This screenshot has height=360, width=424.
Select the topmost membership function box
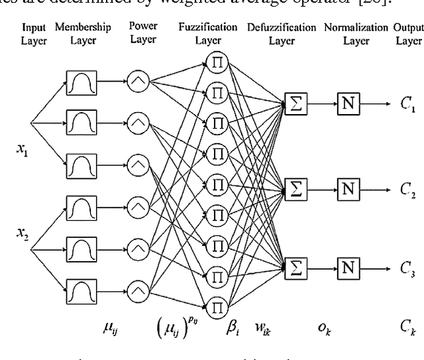81,84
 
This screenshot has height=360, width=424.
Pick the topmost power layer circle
138,84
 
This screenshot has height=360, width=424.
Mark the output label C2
408,194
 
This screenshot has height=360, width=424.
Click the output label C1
408,108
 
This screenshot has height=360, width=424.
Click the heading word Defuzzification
282,27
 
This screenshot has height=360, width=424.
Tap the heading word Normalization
356,27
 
